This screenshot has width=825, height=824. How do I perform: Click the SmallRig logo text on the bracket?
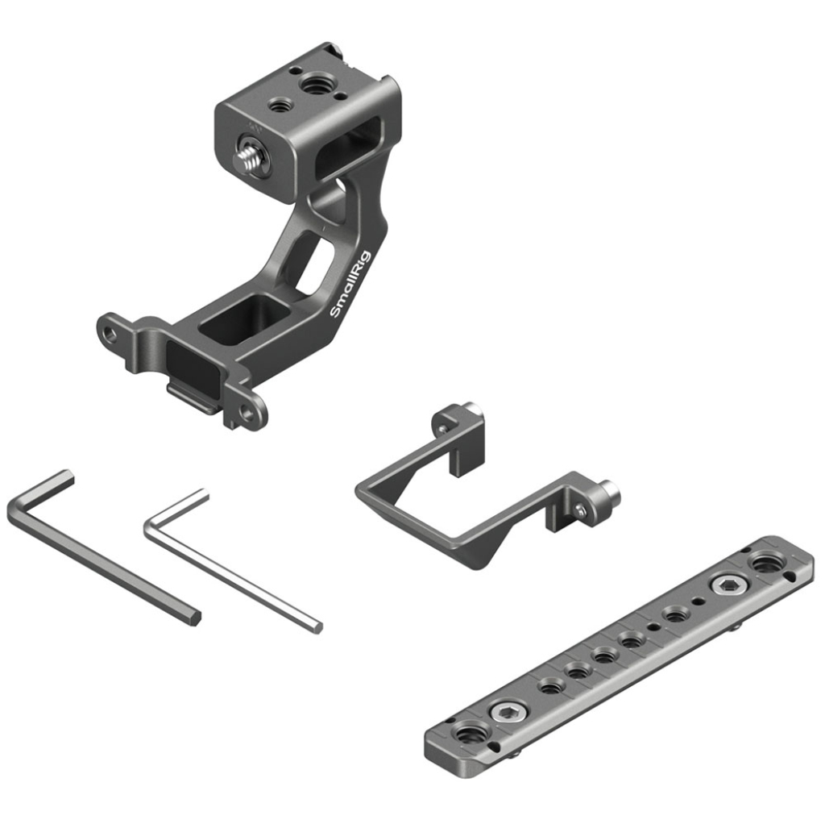pyautogui.click(x=350, y=285)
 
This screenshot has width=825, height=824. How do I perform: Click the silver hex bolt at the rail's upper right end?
pyautogui.click(x=728, y=585)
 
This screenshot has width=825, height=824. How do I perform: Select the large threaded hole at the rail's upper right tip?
pyautogui.click(x=767, y=565)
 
